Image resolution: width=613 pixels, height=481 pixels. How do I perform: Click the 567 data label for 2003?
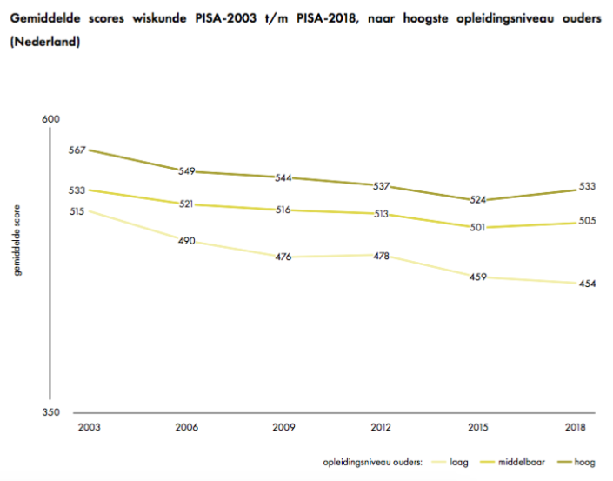[77, 150]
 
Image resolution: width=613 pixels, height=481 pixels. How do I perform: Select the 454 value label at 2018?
[587, 284]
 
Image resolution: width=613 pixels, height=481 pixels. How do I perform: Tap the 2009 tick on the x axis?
[283, 427]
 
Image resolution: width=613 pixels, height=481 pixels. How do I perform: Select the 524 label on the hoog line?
[478, 200]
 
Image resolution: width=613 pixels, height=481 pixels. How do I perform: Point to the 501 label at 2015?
[478, 228]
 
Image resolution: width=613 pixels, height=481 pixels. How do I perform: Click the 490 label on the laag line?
[186, 241]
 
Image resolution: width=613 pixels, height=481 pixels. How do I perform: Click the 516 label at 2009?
[283, 210]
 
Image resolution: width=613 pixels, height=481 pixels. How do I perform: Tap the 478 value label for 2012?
[381, 256]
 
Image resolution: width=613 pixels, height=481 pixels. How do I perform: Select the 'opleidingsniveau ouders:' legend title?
[371, 463]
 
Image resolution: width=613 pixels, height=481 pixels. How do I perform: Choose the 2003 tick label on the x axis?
[87, 427]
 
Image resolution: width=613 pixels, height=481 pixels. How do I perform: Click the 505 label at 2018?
[587, 221]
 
